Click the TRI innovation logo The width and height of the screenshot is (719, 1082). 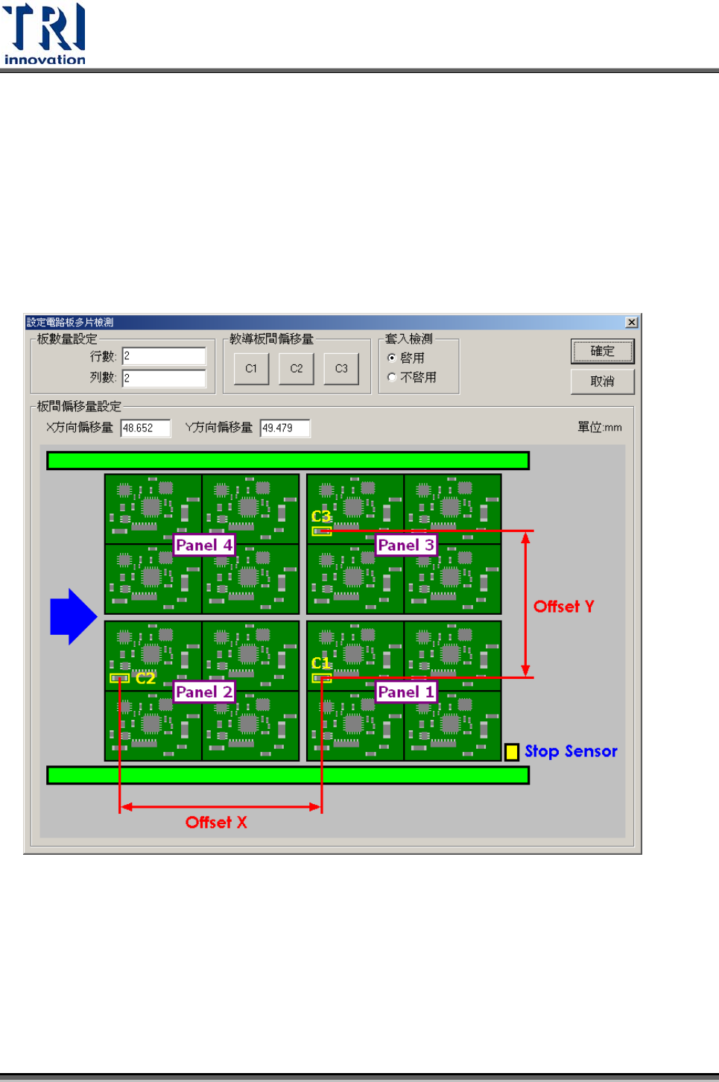coord(45,34)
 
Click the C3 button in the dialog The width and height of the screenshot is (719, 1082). coord(341,369)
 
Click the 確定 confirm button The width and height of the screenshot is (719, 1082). coord(602,351)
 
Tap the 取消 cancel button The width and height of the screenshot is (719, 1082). coord(602,382)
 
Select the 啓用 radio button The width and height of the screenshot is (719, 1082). coord(392,358)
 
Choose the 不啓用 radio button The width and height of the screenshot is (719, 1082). coord(392,378)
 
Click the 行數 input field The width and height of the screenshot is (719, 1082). coord(164,356)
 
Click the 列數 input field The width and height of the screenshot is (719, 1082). coord(164,379)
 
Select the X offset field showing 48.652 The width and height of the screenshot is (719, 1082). coord(145,428)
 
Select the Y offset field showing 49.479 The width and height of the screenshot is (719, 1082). coord(285,428)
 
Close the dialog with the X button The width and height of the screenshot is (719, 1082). coord(631,323)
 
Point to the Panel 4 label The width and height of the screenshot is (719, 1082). coord(204,545)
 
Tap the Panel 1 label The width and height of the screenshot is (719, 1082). coord(406,692)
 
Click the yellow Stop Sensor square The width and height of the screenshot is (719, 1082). coord(512,752)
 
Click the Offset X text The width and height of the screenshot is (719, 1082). coord(216,823)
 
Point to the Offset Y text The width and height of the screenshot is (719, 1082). coord(564,607)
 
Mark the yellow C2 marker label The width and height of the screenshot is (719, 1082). coord(145,678)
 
